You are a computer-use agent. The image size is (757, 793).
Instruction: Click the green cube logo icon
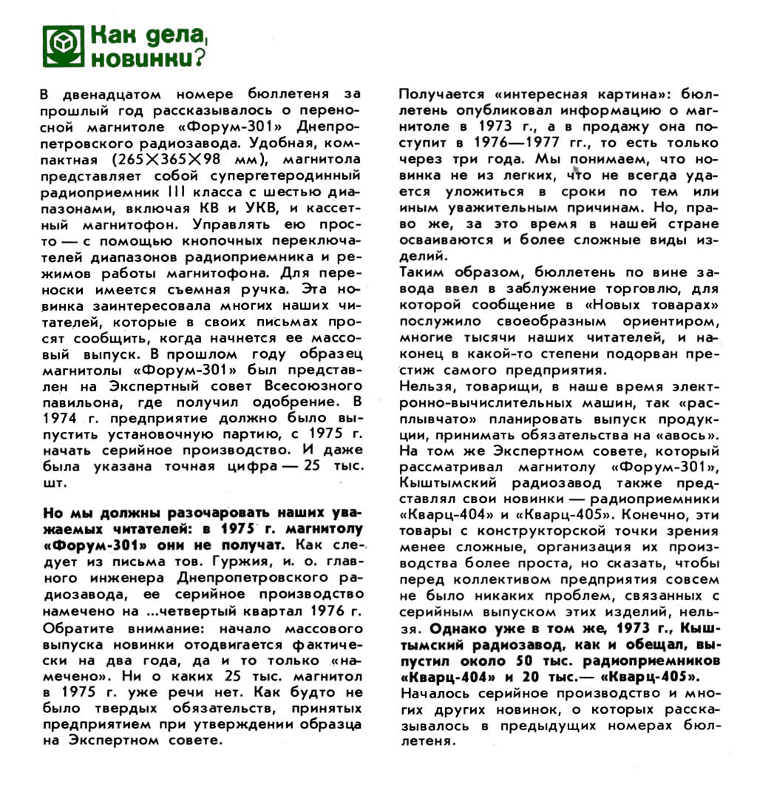pos(61,44)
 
